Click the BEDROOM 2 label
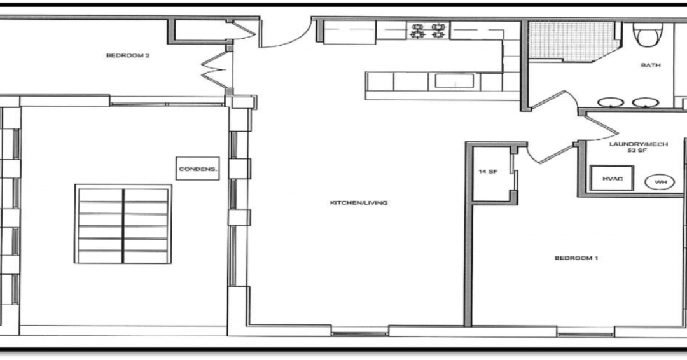click(x=127, y=55)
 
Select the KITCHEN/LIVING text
click(x=358, y=203)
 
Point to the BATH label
click(x=651, y=65)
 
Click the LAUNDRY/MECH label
click(x=638, y=144)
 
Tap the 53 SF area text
click(x=639, y=152)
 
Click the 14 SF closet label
click(x=488, y=172)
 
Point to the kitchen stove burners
click(x=427, y=30)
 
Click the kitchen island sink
click(x=454, y=81)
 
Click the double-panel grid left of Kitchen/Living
click(x=123, y=224)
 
